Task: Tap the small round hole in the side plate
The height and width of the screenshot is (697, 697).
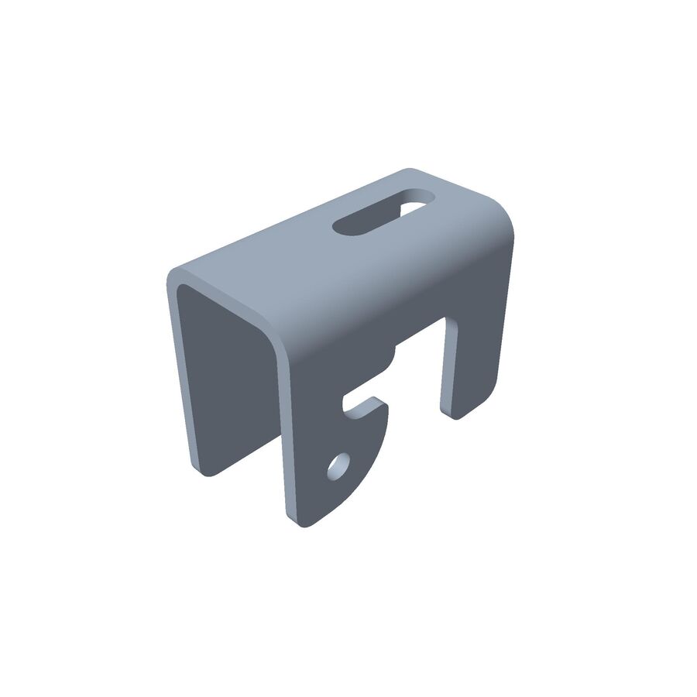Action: point(338,467)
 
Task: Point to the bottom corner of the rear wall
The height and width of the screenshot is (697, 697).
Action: point(203,469)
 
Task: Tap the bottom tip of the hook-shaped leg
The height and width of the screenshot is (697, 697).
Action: point(302,522)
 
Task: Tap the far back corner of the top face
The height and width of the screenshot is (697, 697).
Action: point(410,171)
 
